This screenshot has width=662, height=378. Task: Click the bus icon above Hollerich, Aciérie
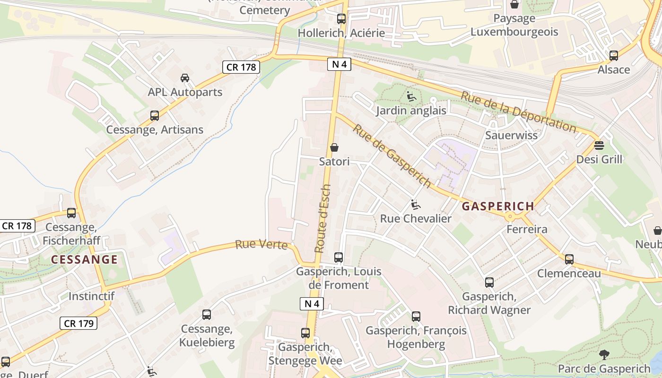[341, 19]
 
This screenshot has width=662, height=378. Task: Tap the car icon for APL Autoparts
[185, 78]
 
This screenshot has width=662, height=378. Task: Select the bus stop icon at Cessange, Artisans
[155, 116]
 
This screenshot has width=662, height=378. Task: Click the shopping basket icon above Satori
[334, 147]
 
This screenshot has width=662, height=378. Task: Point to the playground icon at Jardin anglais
[411, 96]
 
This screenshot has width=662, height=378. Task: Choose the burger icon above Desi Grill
[599, 145]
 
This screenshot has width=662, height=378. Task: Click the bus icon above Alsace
[614, 56]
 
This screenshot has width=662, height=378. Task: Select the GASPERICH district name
[498, 206]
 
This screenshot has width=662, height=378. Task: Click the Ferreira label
[526, 230]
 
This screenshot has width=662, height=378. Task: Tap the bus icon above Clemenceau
[569, 259]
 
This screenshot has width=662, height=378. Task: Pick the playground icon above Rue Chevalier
[416, 205]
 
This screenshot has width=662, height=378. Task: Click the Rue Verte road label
[261, 245]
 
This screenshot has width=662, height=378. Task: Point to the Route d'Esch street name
[323, 218]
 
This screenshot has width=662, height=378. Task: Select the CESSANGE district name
[84, 259]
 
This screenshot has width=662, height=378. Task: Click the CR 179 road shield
[78, 323]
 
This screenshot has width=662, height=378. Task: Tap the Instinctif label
[91, 296]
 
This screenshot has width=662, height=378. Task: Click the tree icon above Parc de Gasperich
[604, 354]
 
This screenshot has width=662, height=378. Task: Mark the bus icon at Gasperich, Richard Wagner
[489, 283]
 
